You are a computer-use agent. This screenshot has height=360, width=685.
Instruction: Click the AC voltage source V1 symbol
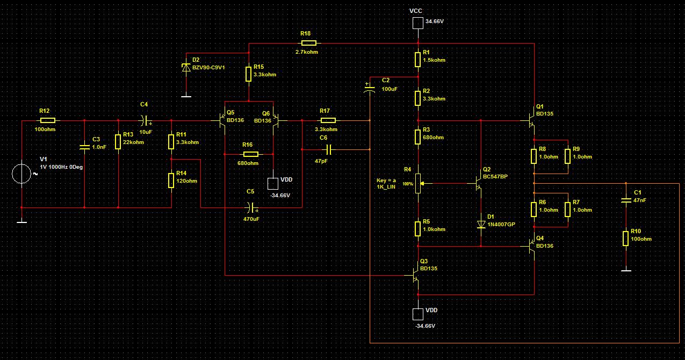pyautogui.click(x=21, y=174)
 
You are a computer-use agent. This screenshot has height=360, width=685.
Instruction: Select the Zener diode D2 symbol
pyautogui.click(x=186, y=68)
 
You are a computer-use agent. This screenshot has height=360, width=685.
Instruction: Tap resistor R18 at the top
pyautogui.click(x=308, y=43)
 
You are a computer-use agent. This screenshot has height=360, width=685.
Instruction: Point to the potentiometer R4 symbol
pyautogui.click(x=418, y=184)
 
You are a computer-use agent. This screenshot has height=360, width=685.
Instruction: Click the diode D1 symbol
pyautogui.click(x=481, y=224)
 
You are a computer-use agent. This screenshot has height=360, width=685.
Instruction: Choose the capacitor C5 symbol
pyautogui.click(x=250, y=207)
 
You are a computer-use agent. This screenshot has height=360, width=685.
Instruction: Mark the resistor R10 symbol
pyautogui.click(x=626, y=238)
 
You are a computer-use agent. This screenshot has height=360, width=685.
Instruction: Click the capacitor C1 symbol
pyautogui.click(x=626, y=200)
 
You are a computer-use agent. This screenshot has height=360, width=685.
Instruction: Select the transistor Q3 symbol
pyautogui.click(x=416, y=275)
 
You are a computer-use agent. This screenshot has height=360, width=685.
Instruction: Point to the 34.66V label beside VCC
pyautogui.click(x=435, y=21)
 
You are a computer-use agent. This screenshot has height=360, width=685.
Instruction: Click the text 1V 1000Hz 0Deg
pyautogui.click(x=62, y=167)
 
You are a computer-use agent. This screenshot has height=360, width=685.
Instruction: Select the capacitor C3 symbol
pyautogui.click(x=84, y=146)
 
